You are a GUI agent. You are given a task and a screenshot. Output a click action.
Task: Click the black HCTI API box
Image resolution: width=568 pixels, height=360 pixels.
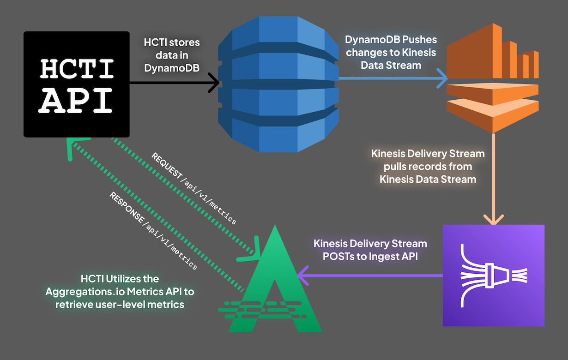[76, 84]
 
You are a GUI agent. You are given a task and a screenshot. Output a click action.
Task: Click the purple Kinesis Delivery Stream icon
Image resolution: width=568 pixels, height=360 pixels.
[494, 276]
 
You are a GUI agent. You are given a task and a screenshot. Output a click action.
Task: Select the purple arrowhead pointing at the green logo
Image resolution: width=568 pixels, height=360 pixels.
[302, 276]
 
